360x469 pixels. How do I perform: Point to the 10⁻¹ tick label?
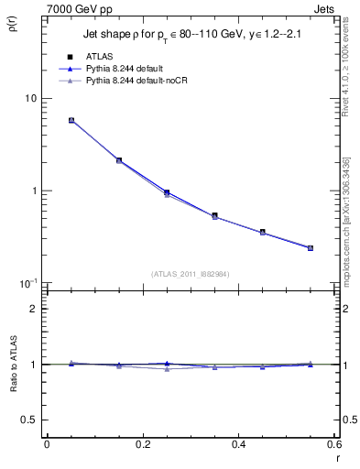click(27, 283)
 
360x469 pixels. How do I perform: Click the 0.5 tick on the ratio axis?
click(29, 420)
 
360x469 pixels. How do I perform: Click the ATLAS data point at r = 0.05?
click(71, 120)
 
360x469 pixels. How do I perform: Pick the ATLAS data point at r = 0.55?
click(311, 247)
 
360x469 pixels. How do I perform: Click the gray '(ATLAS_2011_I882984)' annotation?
click(191, 274)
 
